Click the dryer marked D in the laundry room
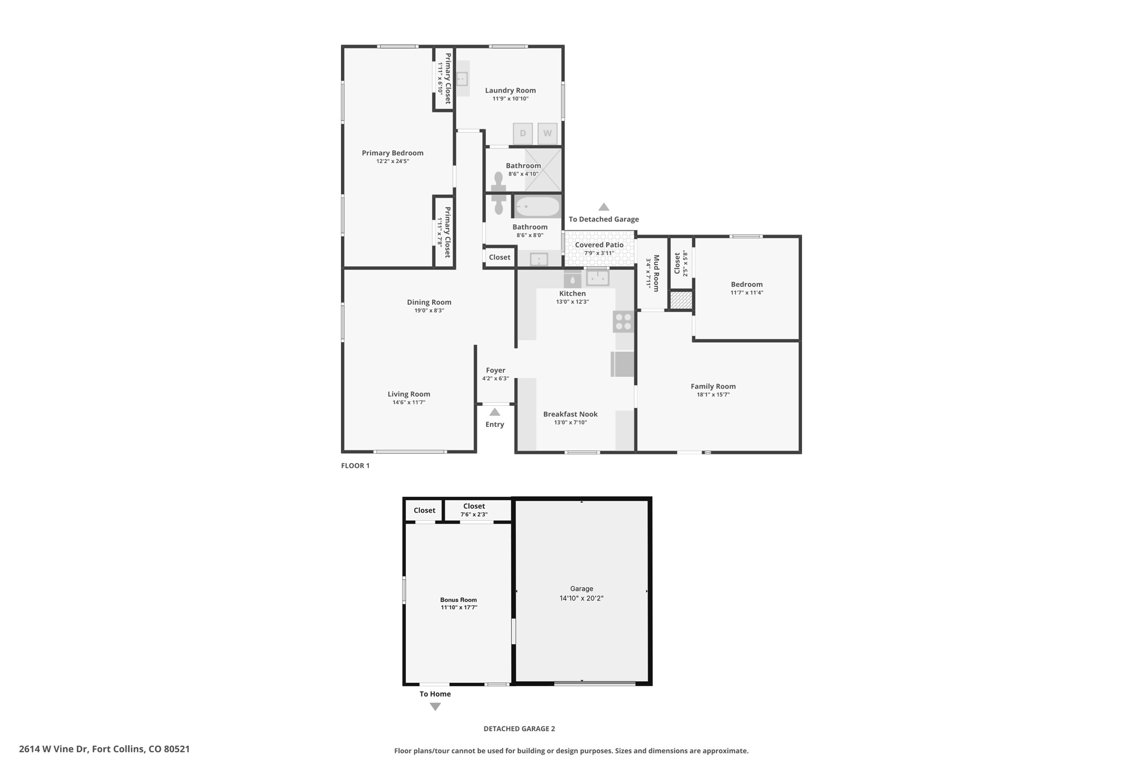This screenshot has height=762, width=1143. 523,133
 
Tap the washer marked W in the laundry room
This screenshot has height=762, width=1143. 548,133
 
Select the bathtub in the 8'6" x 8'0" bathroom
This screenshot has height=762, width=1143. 537,207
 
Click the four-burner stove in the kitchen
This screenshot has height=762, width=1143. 623,321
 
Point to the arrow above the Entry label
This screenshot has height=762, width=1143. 494,412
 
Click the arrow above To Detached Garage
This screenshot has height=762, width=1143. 604,207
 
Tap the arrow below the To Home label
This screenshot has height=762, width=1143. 435,707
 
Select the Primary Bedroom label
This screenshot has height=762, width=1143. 392,153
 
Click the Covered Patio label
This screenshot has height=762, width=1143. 599,245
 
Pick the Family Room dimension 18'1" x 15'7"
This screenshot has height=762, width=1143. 713,395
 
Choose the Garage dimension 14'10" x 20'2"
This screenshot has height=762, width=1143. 582,598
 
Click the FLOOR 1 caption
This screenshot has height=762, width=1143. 356,466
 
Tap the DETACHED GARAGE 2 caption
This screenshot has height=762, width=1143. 519,729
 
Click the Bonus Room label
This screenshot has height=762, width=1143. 459,600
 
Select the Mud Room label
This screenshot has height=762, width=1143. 656,273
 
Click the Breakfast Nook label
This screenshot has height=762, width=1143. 570,414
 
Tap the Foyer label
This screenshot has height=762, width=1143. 496,370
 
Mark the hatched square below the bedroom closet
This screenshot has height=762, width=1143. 681,300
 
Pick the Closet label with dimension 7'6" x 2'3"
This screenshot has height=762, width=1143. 474,506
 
